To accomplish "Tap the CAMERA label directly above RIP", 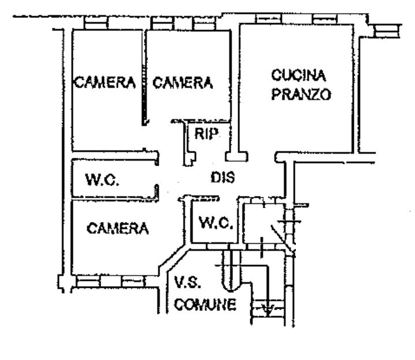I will click(x=183, y=83).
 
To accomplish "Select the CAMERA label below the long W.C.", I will click(x=117, y=228).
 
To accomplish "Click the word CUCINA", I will click(x=299, y=75).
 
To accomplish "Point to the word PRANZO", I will click(x=301, y=94).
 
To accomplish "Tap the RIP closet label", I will click(x=206, y=135).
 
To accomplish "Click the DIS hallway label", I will click(x=223, y=179).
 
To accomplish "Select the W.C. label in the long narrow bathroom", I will click(x=102, y=180).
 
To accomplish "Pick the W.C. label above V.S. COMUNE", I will click(x=214, y=222).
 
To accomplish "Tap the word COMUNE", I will click(x=206, y=305).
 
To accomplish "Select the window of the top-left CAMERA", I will click(x=95, y=23).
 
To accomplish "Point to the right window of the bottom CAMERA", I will click(x=133, y=281).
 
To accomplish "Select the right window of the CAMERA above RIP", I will click(x=203, y=23).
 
